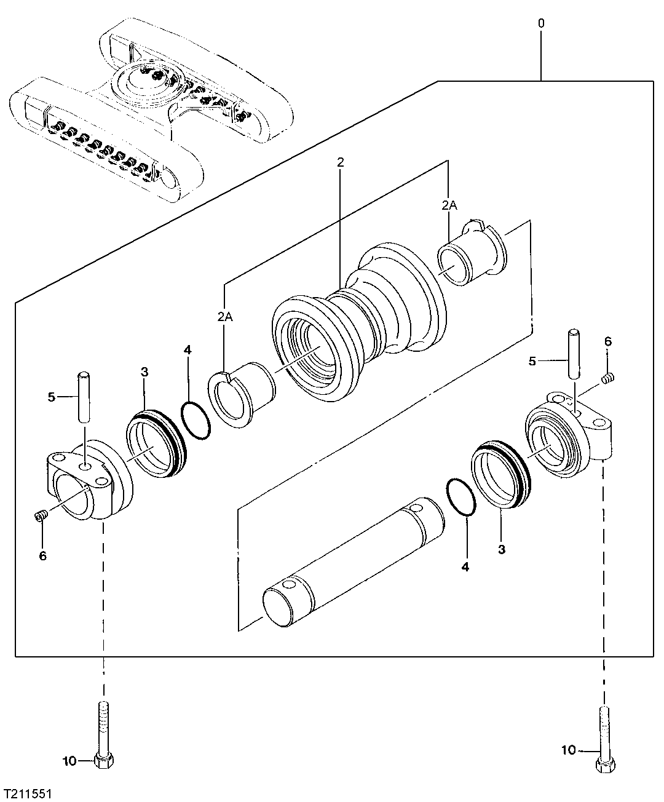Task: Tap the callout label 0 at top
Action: click(541, 23)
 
